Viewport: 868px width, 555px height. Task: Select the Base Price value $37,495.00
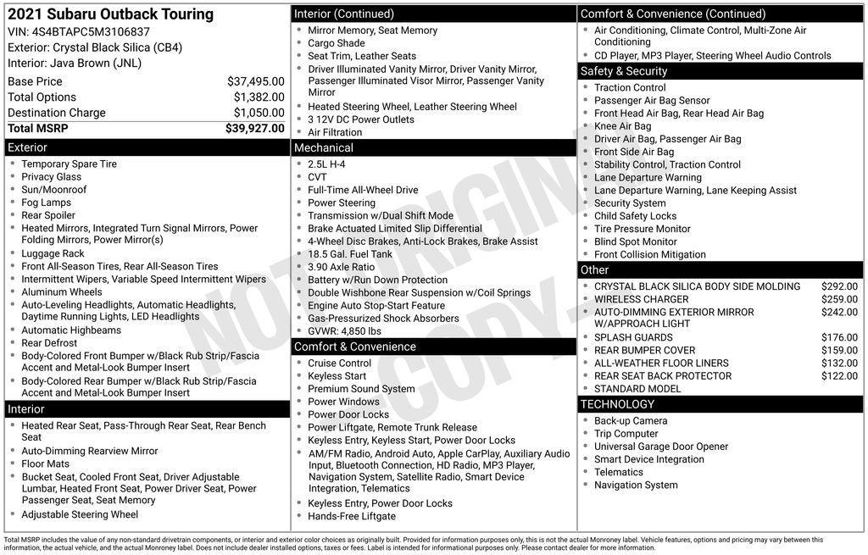(255, 81)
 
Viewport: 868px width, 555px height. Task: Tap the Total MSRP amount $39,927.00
(254, 128)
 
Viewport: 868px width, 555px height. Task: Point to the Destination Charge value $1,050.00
(258, 113)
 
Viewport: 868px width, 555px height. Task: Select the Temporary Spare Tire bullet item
(69, 164)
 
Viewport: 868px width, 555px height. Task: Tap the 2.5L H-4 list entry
(326, 164)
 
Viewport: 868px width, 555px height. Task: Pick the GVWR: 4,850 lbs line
(344, 331)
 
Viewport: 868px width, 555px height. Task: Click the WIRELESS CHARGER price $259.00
(839, 299)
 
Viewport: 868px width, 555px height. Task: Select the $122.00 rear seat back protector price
(839, 376)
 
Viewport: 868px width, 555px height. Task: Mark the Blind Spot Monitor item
(635, 241)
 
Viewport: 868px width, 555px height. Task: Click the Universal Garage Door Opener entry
(660, 447)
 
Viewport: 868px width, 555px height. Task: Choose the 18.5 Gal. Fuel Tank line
(349, 254)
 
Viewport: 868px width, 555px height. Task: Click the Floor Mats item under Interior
(47, 463)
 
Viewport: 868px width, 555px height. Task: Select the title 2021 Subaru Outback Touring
(111, 14)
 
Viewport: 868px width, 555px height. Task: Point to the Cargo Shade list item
(336, 43)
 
